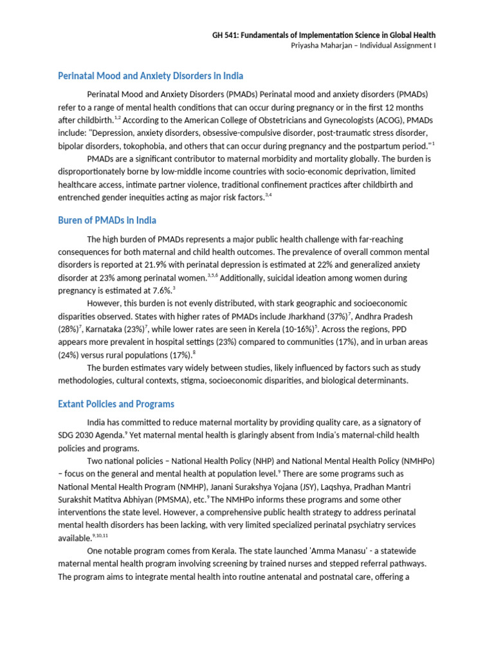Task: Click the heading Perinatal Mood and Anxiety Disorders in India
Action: click(x=151, y=76)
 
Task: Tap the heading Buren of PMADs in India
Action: click(x=107, y=221)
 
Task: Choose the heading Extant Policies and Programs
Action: click(x=116, y=404)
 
